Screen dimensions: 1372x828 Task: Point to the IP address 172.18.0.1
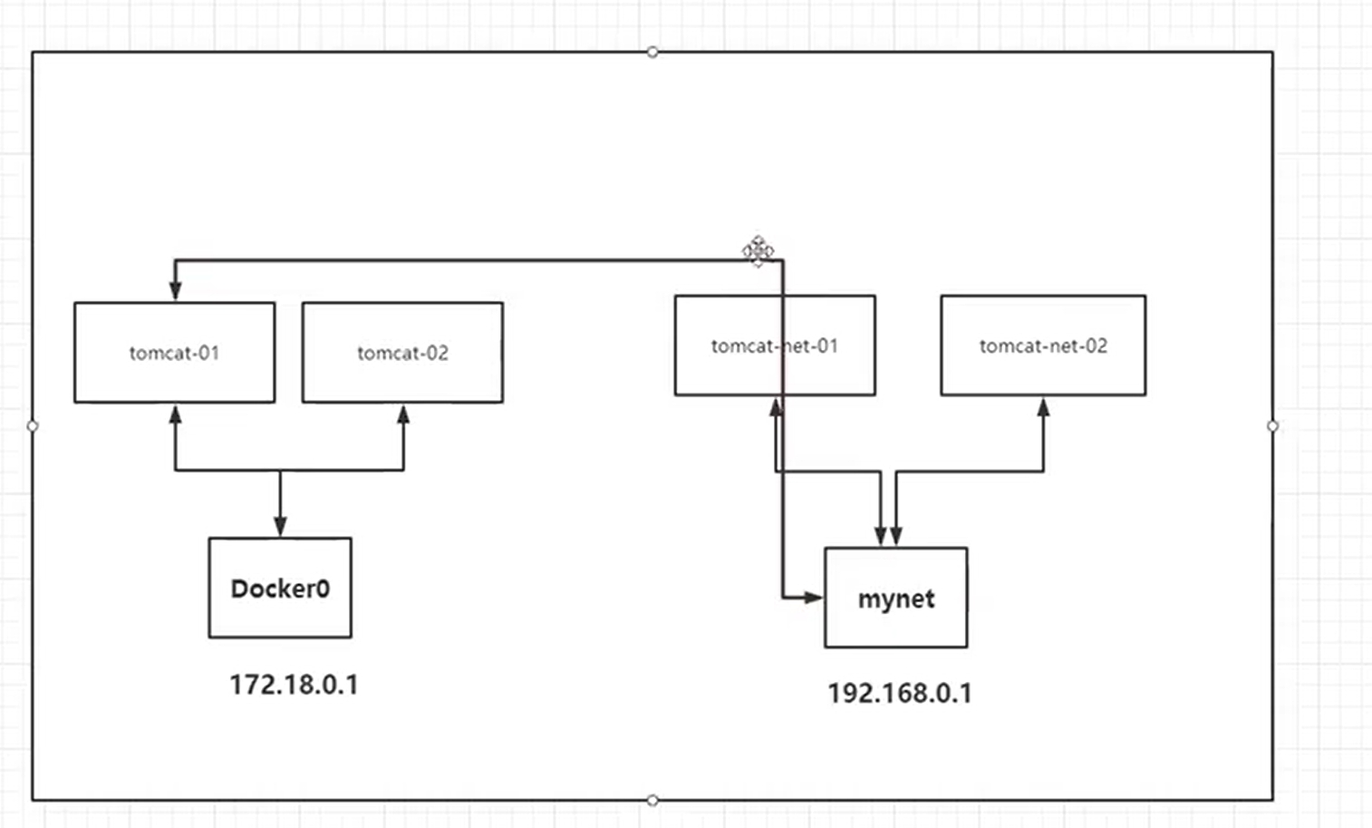coord(294,685)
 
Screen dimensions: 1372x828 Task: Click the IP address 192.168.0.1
coord(900,693)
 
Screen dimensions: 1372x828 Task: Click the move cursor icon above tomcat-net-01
coord(758,251)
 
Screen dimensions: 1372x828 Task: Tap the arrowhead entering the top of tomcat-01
coord(175,290)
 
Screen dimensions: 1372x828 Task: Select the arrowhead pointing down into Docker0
coord(280,526)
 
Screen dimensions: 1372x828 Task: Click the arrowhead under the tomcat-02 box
coord(403,415)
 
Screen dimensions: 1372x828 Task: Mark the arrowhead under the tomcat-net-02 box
coord(1043,407)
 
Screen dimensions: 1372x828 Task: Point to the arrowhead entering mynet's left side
coord(814,597)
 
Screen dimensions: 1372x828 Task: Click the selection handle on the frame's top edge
coord(652,52)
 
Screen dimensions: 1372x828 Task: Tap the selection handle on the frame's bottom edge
coord(652,800)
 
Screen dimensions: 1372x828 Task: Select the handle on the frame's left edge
coord(33,425)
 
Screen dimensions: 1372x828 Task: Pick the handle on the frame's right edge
coord(1272,425)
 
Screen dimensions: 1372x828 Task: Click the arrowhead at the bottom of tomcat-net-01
coord(776,407)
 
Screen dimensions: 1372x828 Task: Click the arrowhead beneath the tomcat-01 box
coord(175,415)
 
